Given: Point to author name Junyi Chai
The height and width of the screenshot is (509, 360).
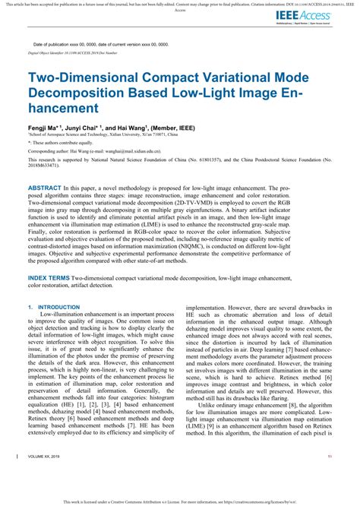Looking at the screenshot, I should [88, 129].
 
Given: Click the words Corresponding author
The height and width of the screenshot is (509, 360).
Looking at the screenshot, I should [52, 151].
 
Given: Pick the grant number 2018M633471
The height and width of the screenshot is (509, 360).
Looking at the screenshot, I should [56, 167].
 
